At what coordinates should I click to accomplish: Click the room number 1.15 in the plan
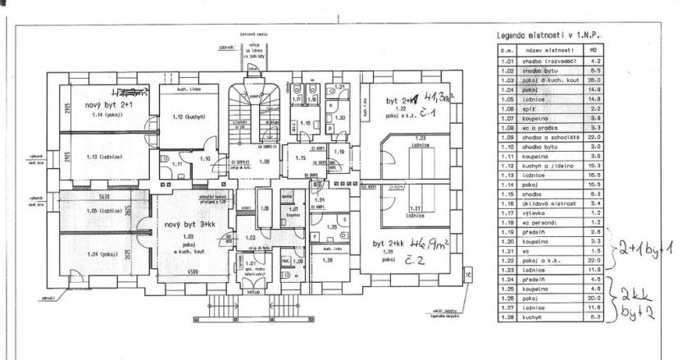point(300,156)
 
